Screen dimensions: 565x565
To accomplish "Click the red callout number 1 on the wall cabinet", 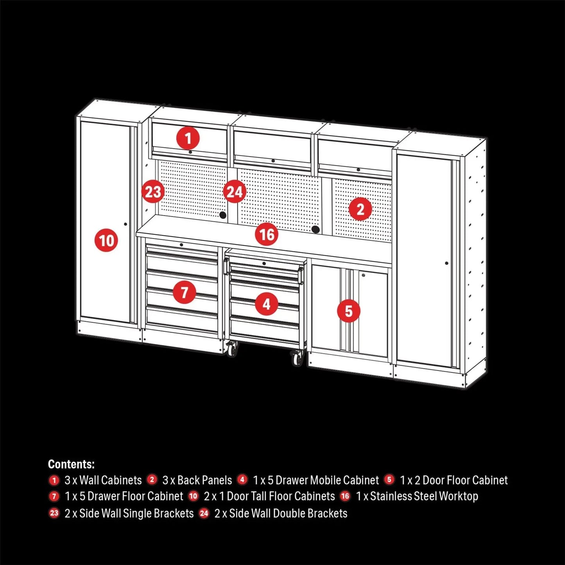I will tap(188, 138).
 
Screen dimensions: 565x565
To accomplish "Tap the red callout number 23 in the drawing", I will tap(153, 192).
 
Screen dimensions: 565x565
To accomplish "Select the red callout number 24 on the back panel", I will tap(235, 192).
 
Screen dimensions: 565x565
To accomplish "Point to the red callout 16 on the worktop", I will tap(267, 235).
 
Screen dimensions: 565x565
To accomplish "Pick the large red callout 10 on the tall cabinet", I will tap(106, 240).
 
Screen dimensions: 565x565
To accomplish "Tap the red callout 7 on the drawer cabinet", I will tap(184, 292).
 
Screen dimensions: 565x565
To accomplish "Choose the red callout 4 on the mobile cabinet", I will tap(267, 304).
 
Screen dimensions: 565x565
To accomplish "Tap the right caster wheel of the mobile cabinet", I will tap(297, 358).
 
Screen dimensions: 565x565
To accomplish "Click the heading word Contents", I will tap(71, 464).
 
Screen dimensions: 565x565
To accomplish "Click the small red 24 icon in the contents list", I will tap(204, 513).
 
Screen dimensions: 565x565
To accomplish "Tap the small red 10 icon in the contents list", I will tap(194, 496).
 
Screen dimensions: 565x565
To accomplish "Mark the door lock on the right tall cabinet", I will tap(447, 263).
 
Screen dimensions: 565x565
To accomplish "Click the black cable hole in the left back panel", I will tap(223, 215).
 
